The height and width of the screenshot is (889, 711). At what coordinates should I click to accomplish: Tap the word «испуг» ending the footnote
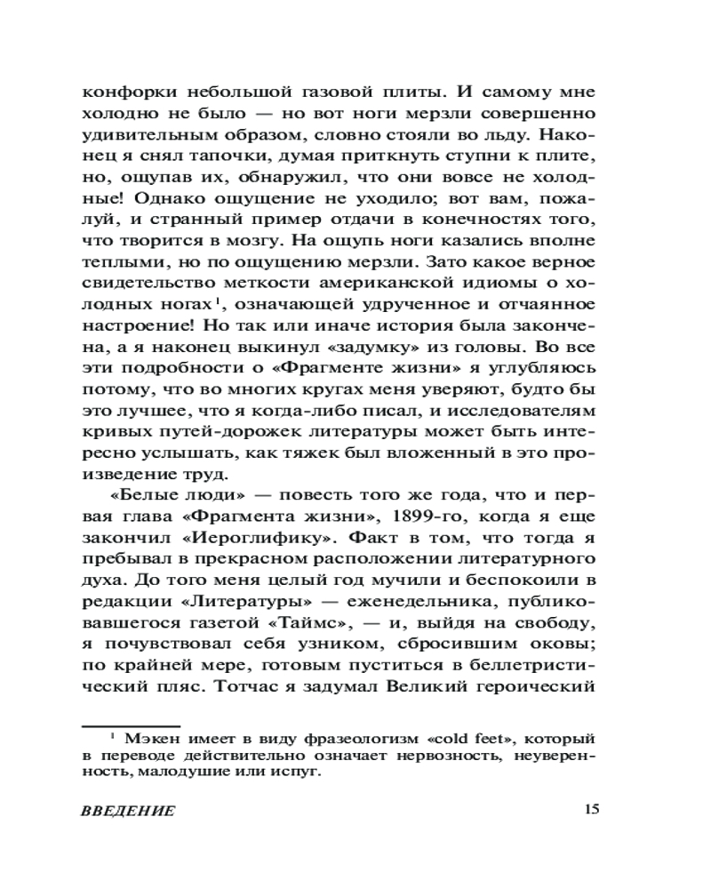pos(299,772)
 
